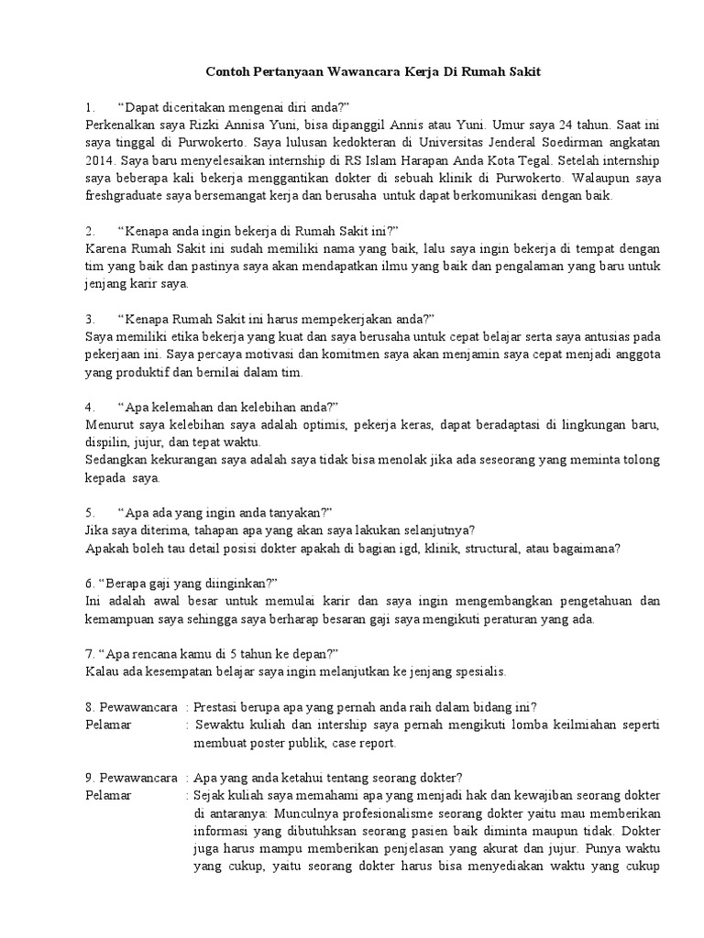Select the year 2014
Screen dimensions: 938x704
[97, 159]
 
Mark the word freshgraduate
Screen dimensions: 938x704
[120, 195]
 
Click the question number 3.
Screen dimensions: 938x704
[89, 320]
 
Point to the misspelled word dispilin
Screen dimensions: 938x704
[104, 443]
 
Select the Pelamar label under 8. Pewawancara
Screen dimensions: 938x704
[109, 725]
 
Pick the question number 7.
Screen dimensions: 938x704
[88, 654]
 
